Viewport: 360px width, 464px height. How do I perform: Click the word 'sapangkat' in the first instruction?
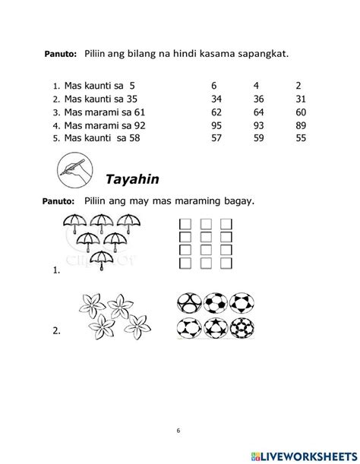(265, 53)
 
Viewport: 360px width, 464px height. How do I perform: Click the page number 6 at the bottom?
(178, 431)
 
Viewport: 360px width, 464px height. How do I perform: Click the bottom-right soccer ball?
(242, 328)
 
